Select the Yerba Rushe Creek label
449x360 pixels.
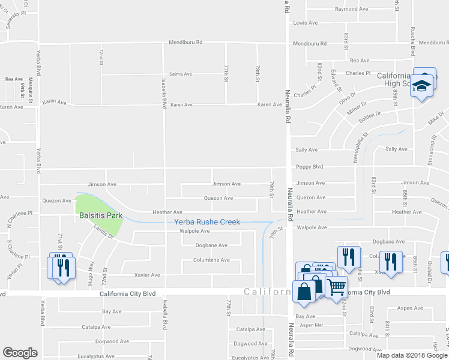[x=207, y=222]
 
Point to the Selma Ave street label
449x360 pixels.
[x=181, y=74]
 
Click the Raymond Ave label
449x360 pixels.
[x=351, y=9]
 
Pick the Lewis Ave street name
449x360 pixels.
[x=305, y=23]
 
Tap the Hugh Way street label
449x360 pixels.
[x=91, y=267]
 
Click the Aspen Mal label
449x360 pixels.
[x=312, y=325]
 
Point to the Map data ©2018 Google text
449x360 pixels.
[x=412, y=355]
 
